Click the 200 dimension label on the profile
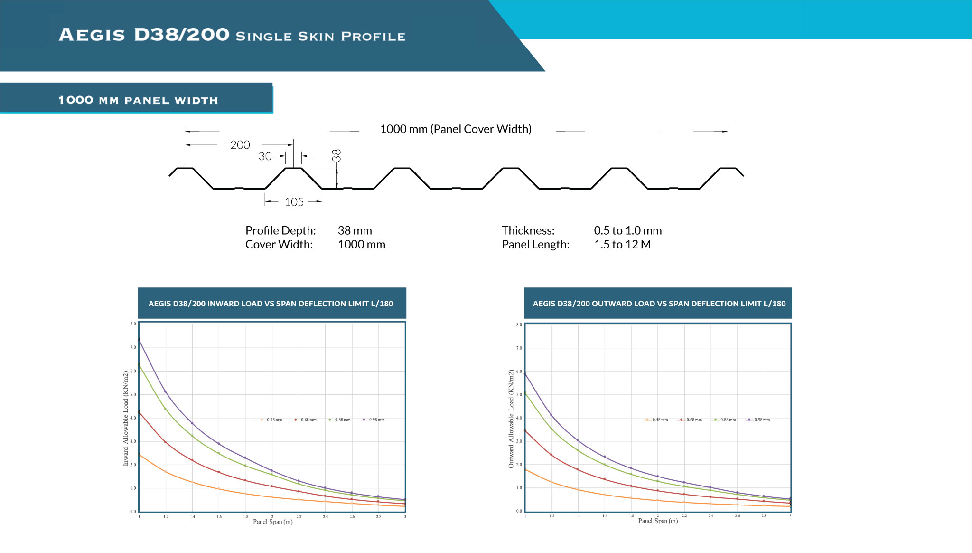(240, 145)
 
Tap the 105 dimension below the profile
(294, 202)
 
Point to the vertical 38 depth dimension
(336, 155)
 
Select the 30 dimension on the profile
(265, 156)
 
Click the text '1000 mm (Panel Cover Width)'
(456, 129)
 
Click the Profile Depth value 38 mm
(355, 231)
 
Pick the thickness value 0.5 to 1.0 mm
(627, 231)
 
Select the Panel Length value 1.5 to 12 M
(622, 245)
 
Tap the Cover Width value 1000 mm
(361, 245)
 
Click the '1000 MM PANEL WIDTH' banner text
(138, 100)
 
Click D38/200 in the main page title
(181, 35)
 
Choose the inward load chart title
(271, 304)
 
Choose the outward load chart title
(659, 304)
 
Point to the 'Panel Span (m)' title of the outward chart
(658, 521)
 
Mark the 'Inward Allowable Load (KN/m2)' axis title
(126, 418)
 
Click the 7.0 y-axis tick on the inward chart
(133, 347)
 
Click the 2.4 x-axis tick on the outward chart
(710, 516)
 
